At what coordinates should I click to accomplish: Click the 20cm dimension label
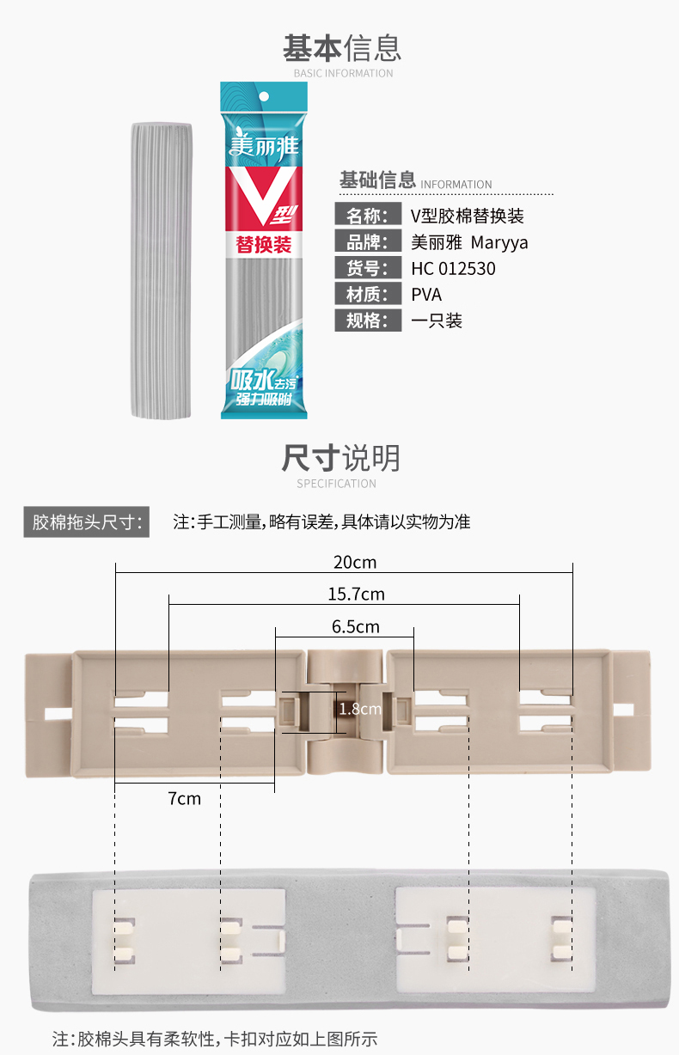(355, 563)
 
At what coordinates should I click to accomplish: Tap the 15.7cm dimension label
(356, 594)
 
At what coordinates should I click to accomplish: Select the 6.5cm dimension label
(355, 626)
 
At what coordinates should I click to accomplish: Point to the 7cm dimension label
(184, 798)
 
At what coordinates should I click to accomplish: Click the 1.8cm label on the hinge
(359, 710)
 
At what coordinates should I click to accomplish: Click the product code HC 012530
(453, 269)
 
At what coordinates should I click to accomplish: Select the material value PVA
(426, 295)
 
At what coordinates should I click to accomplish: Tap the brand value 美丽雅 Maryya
(469, 242)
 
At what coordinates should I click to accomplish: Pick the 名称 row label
(368, 215)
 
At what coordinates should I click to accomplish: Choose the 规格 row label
(368, 320)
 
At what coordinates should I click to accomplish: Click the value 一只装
(437, 320)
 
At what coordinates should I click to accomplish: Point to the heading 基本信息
(342, 48)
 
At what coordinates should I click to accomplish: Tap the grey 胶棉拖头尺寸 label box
(86, 521)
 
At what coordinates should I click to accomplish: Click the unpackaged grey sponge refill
(162, 271)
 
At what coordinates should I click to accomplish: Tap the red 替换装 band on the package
(264, 243)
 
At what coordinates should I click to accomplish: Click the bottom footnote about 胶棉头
(215, 1038)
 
